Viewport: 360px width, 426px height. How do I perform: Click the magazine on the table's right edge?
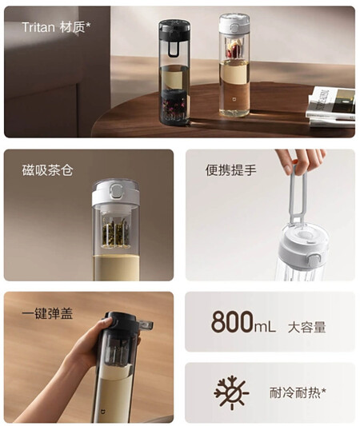[331, 106]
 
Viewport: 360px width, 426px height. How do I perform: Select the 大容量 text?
[307, 327]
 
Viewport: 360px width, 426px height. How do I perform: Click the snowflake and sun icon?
[231, 392]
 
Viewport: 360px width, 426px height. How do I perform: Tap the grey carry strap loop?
[298, 197]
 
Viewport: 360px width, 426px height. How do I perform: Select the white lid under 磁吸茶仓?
[115, 193]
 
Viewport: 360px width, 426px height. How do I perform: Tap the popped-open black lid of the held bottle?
[128, 323]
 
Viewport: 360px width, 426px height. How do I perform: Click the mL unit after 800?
[264, 326]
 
